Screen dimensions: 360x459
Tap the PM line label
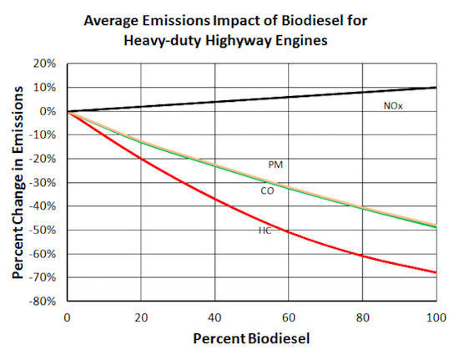(x=275, y=165)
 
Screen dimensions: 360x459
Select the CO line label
(x=267, y=191)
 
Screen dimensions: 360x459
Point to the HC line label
(x=265, y=230)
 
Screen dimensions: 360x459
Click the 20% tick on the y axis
(x=45, y=63)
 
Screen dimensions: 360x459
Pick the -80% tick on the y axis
(x=43, y=301)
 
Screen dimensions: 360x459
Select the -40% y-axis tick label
(x=43, y=206)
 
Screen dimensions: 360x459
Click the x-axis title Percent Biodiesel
(x=251, y=341)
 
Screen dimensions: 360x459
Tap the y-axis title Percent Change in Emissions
(x=18, y=182)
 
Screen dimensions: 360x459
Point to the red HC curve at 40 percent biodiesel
(x=215, y=199)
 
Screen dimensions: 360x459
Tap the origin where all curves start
(x=68, y=111)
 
